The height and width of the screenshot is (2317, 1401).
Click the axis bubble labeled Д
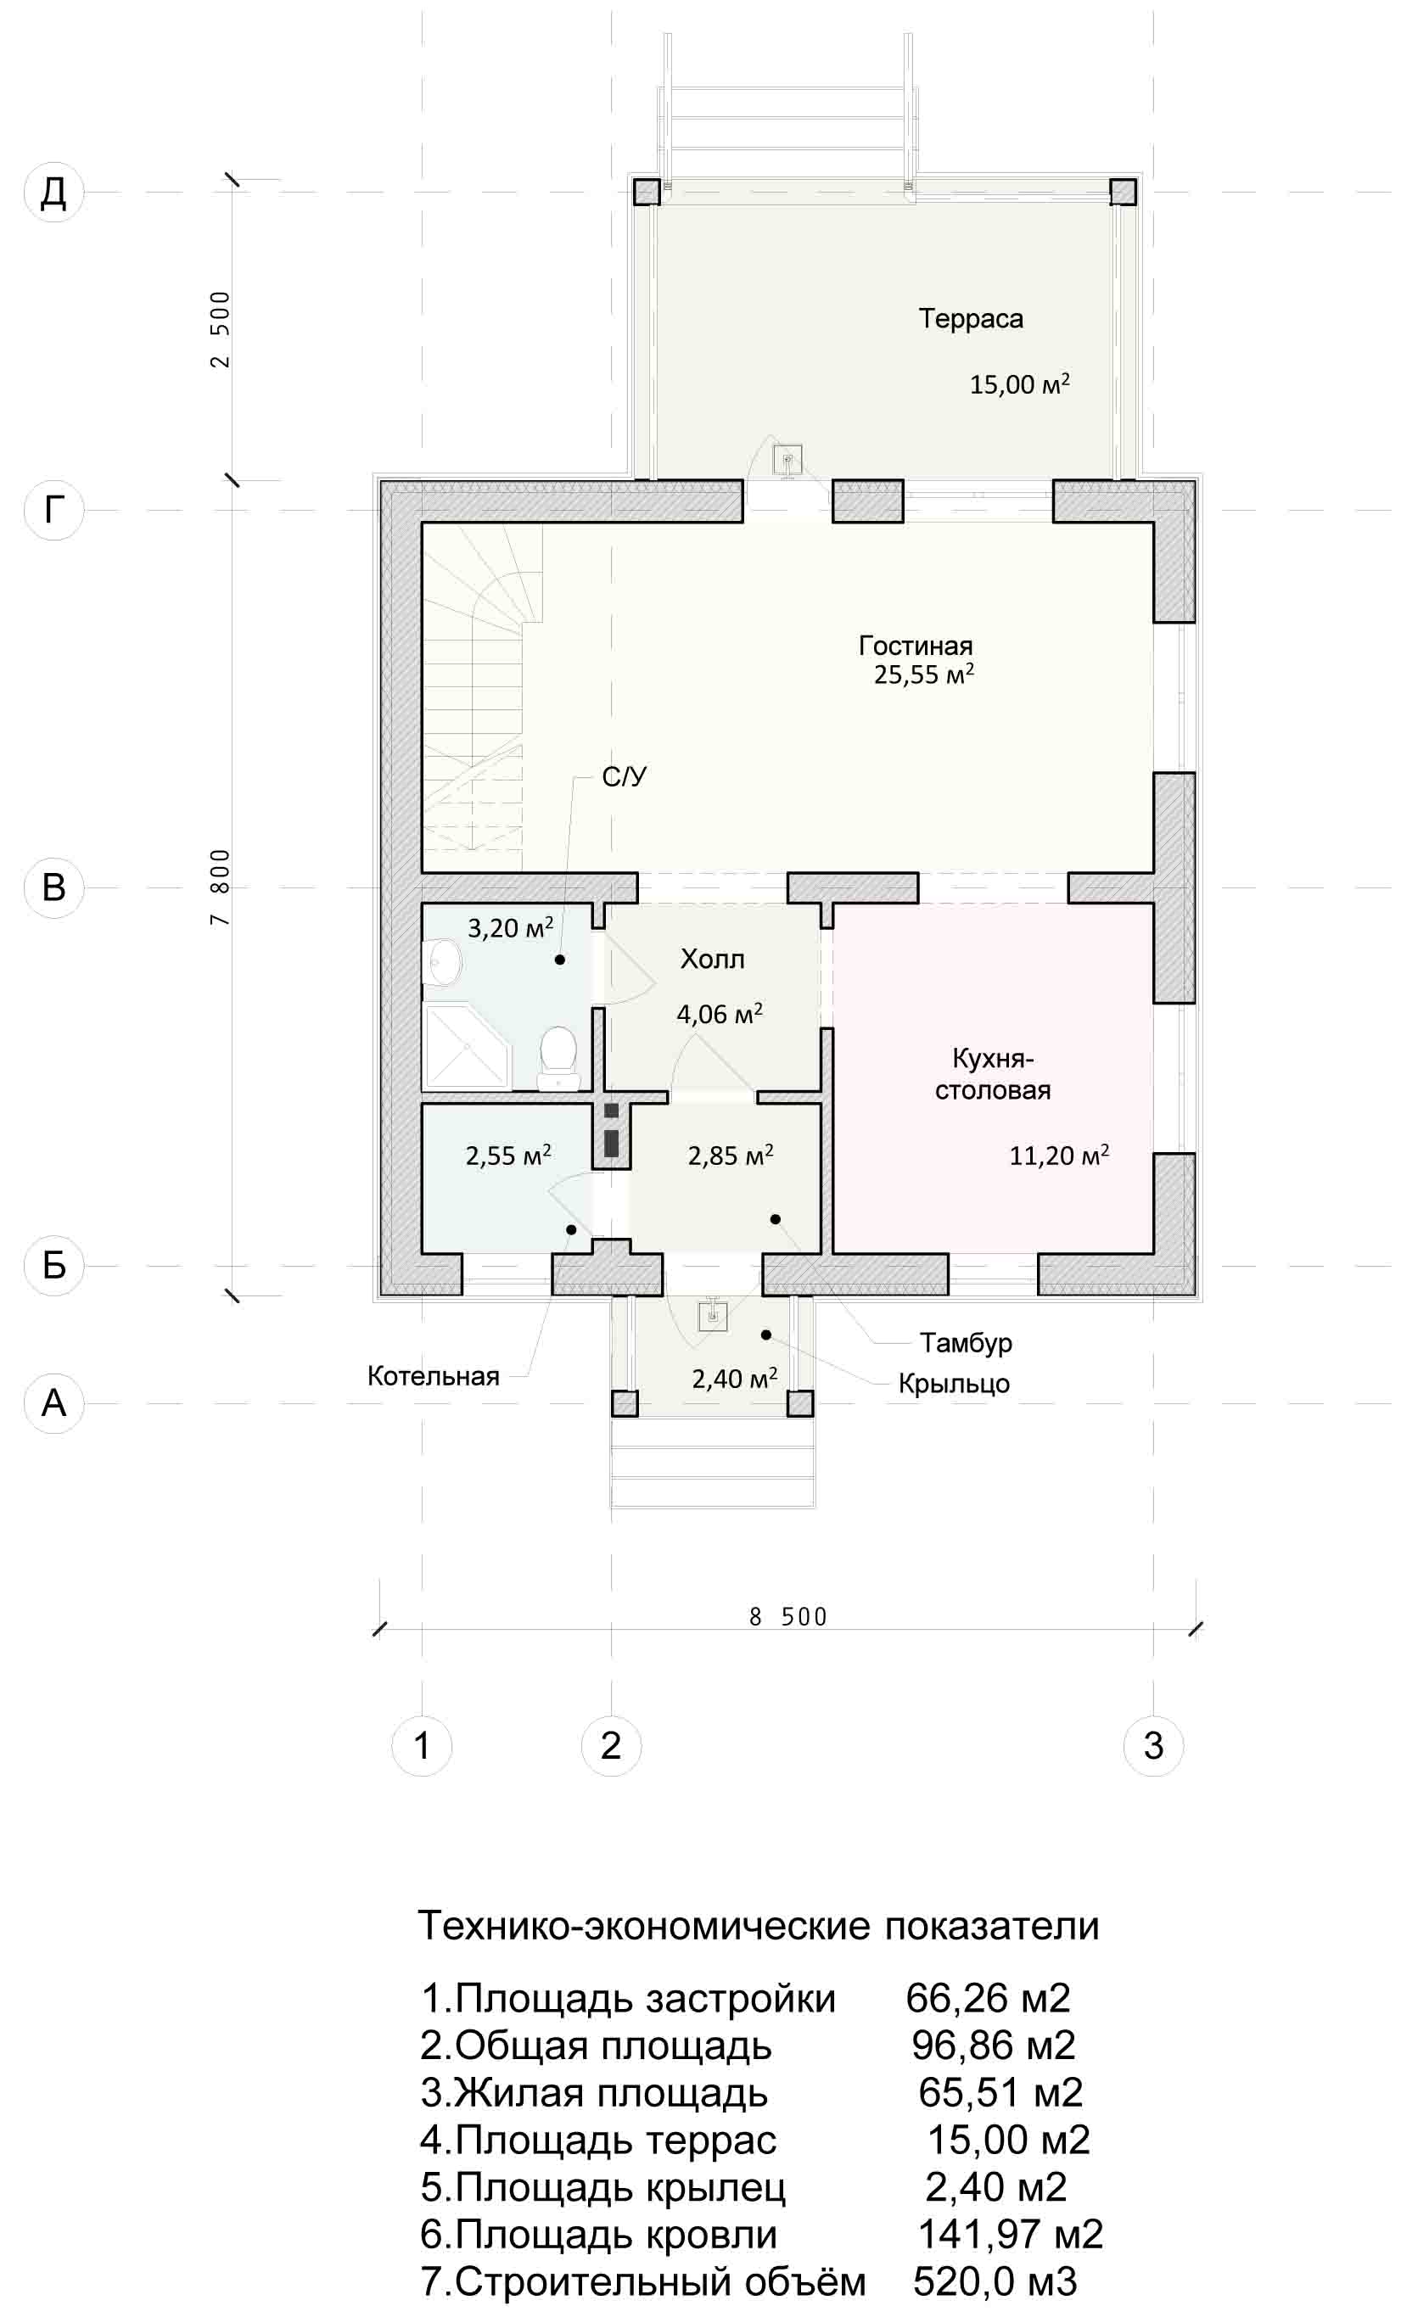53,192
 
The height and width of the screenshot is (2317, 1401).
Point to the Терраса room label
971,319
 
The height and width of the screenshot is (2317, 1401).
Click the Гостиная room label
915,646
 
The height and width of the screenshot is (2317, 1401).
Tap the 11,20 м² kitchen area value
1059,1155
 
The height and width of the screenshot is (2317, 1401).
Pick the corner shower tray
467,1047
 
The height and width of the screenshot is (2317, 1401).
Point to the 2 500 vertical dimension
220,329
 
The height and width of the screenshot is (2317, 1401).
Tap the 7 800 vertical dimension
220,887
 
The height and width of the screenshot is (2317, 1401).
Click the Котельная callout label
433,1377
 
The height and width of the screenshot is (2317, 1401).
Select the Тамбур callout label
966,1343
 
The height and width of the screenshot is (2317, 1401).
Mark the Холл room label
712,960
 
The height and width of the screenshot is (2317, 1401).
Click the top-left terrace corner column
646,192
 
